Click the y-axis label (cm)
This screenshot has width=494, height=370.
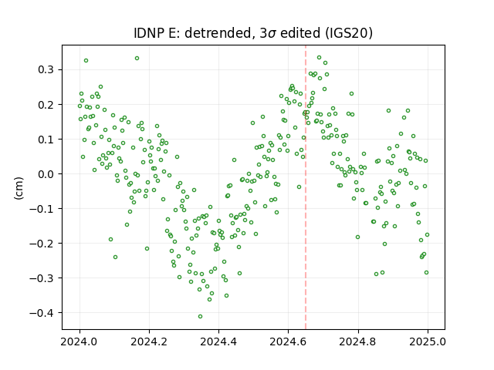(x=19, y=188)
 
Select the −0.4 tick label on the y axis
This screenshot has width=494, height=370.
(x=41, y=313)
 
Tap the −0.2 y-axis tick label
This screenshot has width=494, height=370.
(x=41, y=244)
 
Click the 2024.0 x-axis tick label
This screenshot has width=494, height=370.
(x=80, y=341)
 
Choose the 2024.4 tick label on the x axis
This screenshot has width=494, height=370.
(x=218, y=341)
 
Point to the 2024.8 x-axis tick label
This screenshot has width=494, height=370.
(x=358, y=341)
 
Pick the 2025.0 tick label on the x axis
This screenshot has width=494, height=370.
(x=428, y=341)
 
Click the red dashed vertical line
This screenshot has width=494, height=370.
(x=306, y=187)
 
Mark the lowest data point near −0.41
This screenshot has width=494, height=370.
(x=200, y=316)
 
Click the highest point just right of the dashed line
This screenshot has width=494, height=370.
(x=319, y=58)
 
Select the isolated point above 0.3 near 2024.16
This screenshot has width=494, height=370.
(x=137, y=59)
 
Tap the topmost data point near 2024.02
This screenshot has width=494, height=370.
(x=86, y=60)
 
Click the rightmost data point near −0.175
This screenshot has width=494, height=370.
(x=427, y=234)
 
